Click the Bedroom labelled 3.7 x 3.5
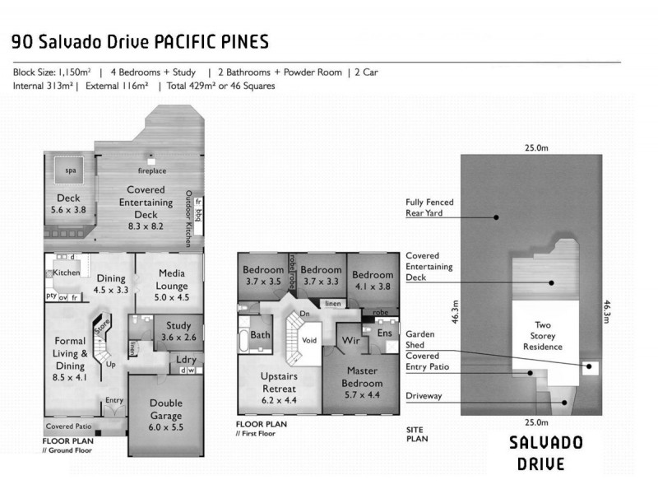(x=263, y=275)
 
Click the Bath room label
(x=261, y=335)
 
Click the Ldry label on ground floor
(x=186, y=359)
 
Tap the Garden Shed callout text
(x=420, y=340)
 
